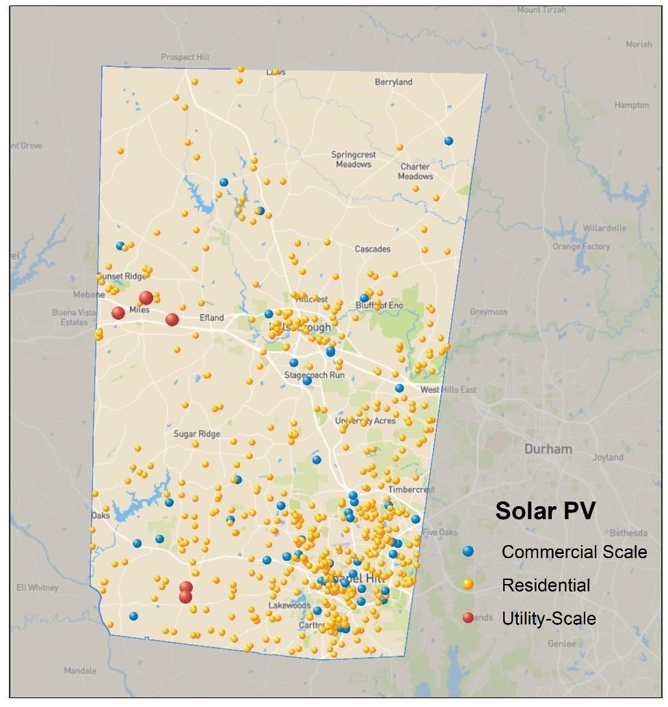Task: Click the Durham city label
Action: coord(548,449)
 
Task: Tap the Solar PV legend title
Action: coord(545,511)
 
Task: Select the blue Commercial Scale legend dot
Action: coord(468,551)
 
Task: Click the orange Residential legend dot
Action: coord(468,584)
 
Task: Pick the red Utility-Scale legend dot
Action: coord(468,618)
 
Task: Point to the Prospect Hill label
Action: coord(185,57)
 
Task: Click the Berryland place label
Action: coord(393,82)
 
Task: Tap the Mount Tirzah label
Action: coord(542,10)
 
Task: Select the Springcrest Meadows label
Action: coord(353,159)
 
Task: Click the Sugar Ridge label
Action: coord(196,434)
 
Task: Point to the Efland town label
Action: coord(211,318)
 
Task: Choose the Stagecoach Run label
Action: coord(315,375)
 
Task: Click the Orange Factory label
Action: coord(581,246)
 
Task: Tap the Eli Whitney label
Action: coord(38,587)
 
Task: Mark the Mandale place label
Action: coord(80,671)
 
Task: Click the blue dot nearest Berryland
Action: coord(449,141)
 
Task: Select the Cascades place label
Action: coord(372,249)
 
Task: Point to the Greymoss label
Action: coord(488,311)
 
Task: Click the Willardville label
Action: coord(604,228)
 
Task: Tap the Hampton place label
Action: coord(631,105)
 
